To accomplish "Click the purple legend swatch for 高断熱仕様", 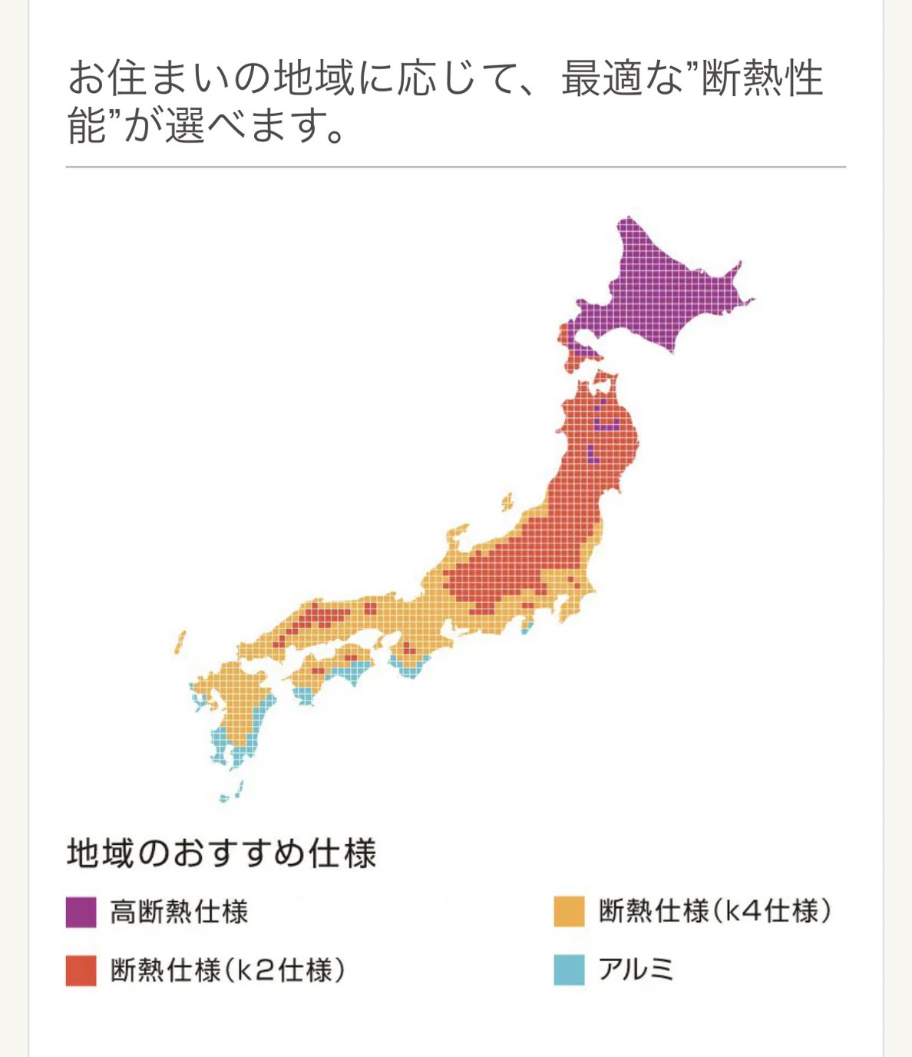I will [81, 912].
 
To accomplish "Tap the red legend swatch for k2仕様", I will [81, 970].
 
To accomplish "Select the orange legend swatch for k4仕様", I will [569, 912].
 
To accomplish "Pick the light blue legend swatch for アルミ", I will [569, 970].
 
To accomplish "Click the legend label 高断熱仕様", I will [179, 912].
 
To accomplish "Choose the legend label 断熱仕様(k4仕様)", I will [715, 912].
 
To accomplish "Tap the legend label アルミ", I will [636, 970].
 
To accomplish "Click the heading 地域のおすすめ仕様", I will [222, 853].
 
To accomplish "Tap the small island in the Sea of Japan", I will [507, 502].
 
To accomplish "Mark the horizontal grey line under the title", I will [456, 167].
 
